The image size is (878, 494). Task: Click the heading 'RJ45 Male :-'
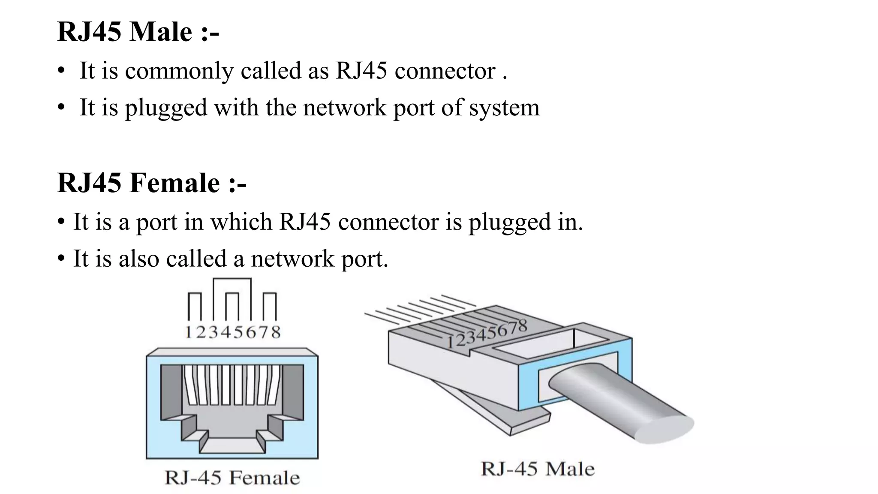[138, 32]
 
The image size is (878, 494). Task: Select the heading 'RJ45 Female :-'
[151, 183]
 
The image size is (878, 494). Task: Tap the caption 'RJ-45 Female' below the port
[232, 478]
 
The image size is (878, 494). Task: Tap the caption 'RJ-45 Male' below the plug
[538, 469]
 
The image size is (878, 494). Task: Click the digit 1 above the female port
[188, 332]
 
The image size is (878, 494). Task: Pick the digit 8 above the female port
[276, 332]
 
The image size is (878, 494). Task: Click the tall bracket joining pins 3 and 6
[232, 280]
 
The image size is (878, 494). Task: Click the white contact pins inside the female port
[232, 385]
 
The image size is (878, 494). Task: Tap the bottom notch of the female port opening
[232, 445]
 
